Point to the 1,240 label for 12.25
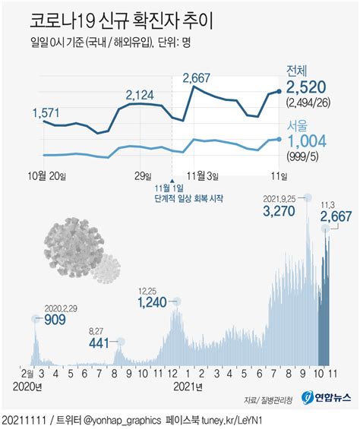coord(152,302)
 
